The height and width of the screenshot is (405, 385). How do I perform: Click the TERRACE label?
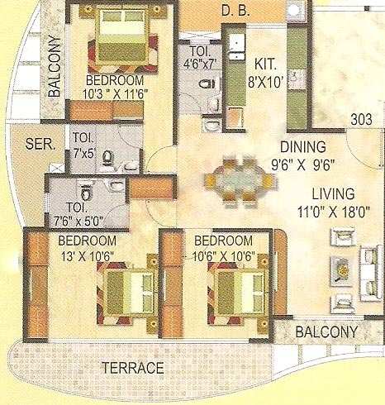pyautogui.click(x=133, y=368)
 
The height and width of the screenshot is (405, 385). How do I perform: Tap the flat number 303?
pyautogui.click(x=362, y=120)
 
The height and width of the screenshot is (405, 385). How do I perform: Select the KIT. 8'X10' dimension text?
pyautogui.click(x=265, y=73)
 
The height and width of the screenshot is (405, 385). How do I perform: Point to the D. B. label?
pyautogui.click(x=235, y=11)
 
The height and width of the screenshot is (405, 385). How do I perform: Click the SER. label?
pyautogui.click(x=40, y=144)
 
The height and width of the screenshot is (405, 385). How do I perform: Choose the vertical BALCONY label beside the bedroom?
pyautogui.click(x=54, y=66)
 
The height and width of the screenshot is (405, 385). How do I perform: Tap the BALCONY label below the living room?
pyautogui.click(x=326, y=331)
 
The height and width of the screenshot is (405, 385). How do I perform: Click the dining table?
pyautogui.click(x=239, y=181)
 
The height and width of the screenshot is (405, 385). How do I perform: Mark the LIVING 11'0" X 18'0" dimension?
pyautogui.click(x=333, y=202)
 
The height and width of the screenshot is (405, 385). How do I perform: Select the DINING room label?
pyautogui.click(x=303, y=147)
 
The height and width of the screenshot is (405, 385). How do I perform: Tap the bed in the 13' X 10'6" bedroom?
pyautogui.click(x=128, y=293)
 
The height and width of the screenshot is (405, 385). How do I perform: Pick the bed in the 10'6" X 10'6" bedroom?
pyautogui.click(x=240, y=293)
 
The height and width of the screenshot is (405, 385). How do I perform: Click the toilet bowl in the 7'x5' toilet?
pyautogui.click(x=108, y=158)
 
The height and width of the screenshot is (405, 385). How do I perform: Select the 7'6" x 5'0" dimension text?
pyautogui.click(x=78, y=222)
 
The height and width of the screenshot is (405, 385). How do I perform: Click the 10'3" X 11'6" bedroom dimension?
pyautogui.click(x=116, y=94)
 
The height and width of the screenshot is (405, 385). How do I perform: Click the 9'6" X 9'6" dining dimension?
pyautogui.click(x=303, y=165)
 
